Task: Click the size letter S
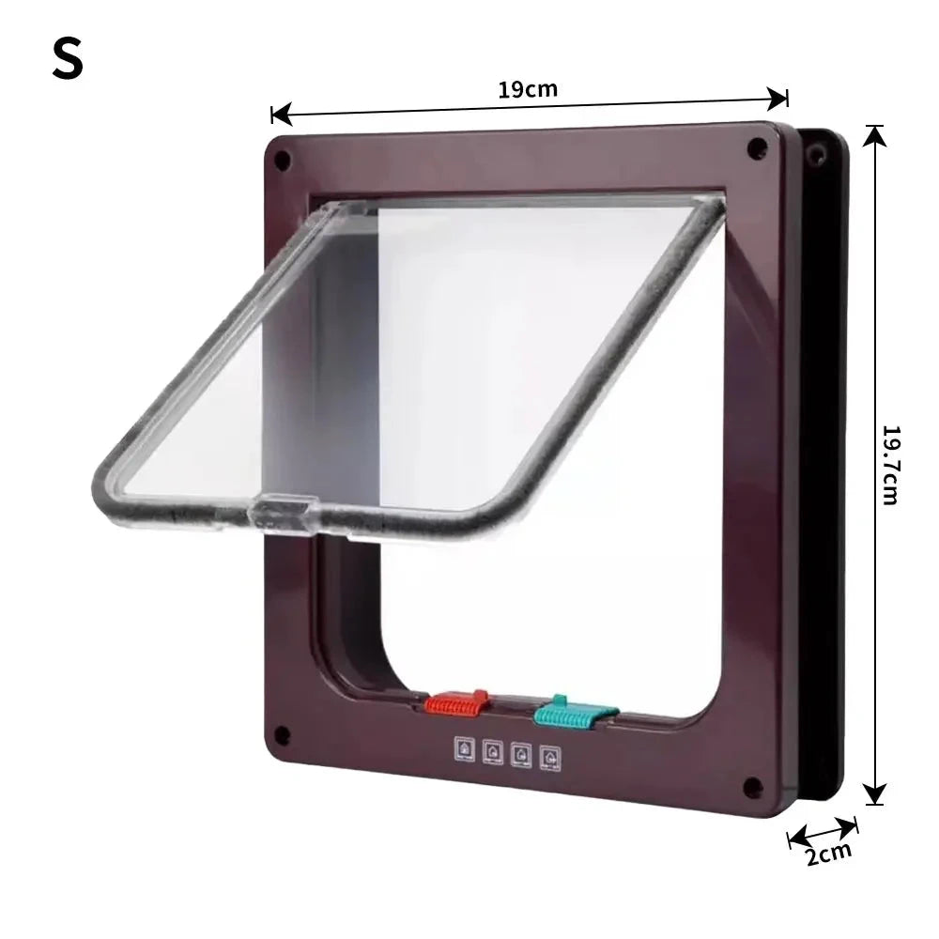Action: (67, 58)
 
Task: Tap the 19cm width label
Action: (528, 89)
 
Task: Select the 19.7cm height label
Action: (892, 466)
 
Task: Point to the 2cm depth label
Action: (829, 853)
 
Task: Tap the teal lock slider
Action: (575, 712)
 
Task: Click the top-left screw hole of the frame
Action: (282, 160)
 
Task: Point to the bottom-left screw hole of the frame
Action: (282, 734)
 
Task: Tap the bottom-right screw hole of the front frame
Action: (753, 786)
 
